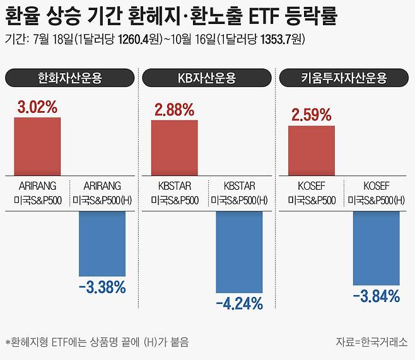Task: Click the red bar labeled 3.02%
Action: coord(37,146)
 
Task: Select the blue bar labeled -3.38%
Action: coord(102,243)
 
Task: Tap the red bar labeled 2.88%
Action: coord(174,146)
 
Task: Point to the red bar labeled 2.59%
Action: coord(312,149)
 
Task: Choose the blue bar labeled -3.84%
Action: coord(377,248)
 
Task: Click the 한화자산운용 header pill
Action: coord(69,78)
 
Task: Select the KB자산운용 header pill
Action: coord(206,78)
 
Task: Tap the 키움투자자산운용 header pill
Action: coord(344,78)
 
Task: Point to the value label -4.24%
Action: coord(239,304)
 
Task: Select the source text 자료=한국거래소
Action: coord(372,342)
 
